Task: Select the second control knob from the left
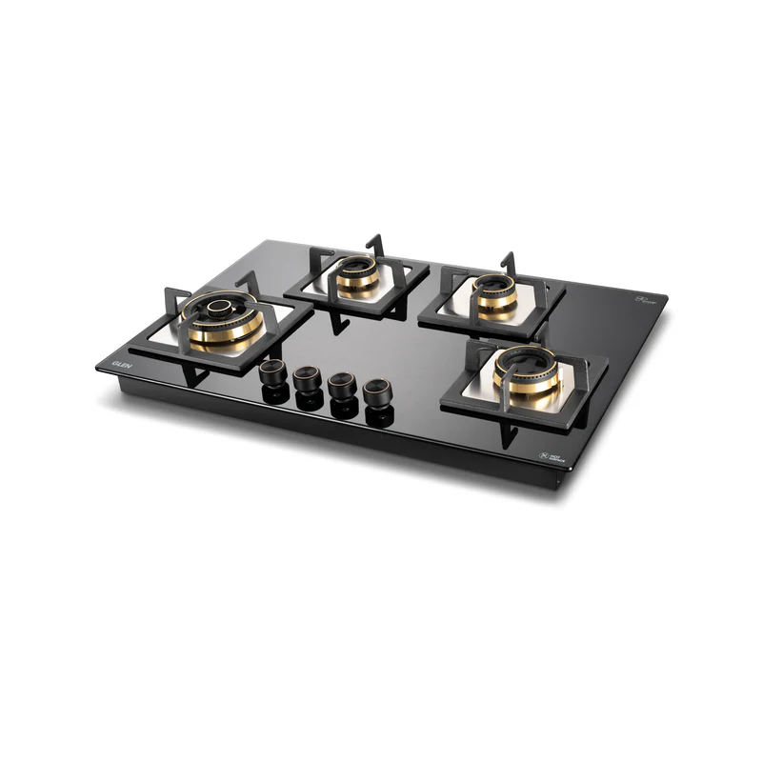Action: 306,379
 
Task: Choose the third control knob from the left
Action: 340,386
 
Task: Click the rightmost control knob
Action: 377,391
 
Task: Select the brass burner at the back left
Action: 357,275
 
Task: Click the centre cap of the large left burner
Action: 220,307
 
